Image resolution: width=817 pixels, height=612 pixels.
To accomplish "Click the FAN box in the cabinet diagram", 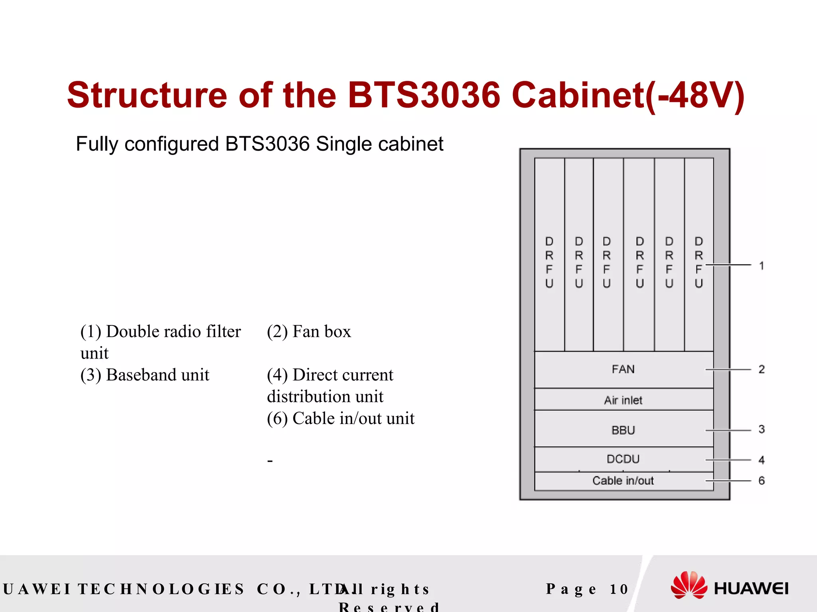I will point(623,369).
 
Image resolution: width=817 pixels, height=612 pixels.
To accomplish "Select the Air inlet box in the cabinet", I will point(623,400).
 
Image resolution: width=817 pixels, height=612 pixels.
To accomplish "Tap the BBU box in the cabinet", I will point(623,430).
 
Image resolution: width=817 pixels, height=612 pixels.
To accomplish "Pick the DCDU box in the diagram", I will point(623,459).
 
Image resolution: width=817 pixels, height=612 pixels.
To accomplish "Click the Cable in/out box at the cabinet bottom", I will point(623,481).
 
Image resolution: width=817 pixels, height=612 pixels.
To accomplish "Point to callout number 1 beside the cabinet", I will point(762,265).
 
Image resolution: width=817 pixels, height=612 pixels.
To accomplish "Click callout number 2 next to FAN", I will point(762,369).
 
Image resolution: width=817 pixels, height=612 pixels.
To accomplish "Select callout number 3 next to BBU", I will point(762,429).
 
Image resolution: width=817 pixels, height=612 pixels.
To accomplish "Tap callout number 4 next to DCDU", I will point(762,460).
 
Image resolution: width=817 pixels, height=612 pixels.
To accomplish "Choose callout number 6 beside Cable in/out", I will point(762,481).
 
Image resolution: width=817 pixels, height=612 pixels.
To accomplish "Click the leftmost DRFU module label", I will point(549,262).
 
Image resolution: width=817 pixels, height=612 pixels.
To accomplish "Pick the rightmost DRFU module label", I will point(699,262).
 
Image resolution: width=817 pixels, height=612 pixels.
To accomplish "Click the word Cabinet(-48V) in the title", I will point(628,96).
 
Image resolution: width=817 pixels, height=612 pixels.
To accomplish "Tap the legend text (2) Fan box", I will point(309,331).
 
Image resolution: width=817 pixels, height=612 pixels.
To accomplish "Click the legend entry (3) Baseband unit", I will point(145,375).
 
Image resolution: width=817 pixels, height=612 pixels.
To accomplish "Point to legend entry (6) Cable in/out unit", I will point(341,418).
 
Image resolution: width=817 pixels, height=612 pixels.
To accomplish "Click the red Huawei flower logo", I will point(689,585).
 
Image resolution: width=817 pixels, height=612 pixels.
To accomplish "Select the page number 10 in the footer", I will point(619,589).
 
